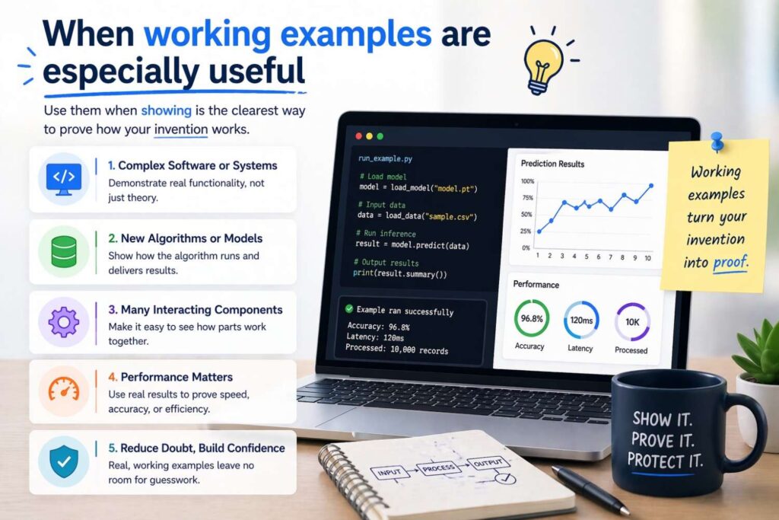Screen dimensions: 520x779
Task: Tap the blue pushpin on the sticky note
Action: [x=717, y=142]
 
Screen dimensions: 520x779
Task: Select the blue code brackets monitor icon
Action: [x=63, y=177]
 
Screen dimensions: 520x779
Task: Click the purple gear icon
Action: [x=63, y=322]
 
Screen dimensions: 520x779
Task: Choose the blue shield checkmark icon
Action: [x=63, y=461]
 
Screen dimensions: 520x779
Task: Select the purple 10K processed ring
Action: [x=631, y=321]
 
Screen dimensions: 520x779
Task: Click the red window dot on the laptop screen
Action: [x=358, y=136]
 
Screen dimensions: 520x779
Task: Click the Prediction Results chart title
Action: [x=552, y=163]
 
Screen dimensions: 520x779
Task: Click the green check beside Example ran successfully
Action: [x=349, y=310]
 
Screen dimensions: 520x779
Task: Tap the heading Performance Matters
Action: [x=170, y=378]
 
